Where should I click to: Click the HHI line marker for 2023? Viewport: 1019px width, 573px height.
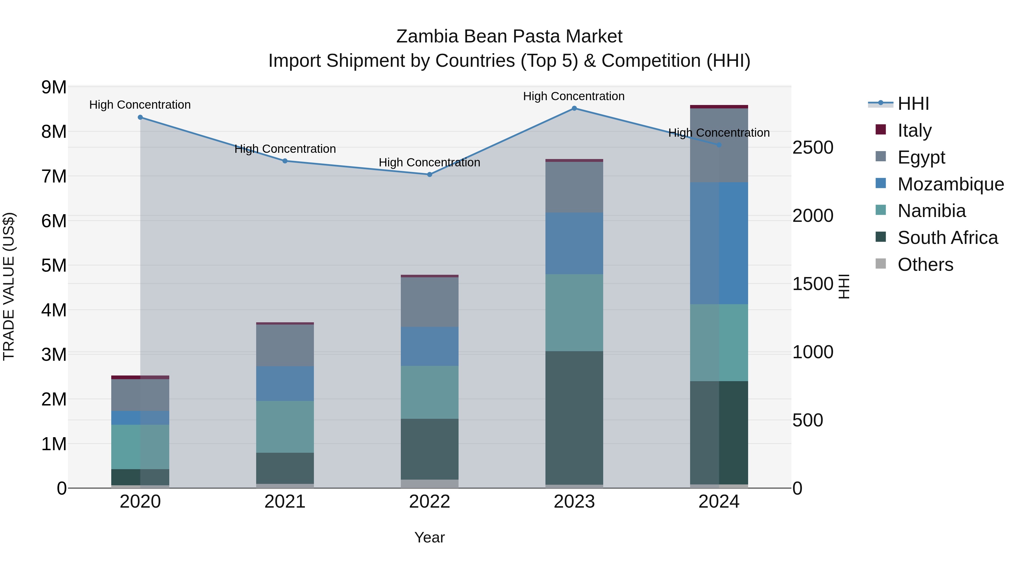click(x=574, y=108)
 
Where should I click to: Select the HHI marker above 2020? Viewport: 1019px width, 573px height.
click(x=140, y=117)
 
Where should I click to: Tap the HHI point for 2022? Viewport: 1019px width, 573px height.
click(x=430, y=174)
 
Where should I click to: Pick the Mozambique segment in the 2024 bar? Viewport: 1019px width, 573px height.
click(x=719, y=243)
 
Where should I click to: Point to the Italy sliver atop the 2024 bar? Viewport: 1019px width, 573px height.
click(x=719, y=107)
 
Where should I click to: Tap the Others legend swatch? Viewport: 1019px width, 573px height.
click(x=881, y=264)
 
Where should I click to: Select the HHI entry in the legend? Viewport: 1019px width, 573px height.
click(x=881, y=103)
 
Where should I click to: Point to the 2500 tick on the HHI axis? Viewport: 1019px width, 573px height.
click(x=812, y=147)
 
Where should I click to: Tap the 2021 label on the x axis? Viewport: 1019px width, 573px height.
click(x=285, y=501)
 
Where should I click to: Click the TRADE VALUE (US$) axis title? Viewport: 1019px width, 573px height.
click(x=9, y=286)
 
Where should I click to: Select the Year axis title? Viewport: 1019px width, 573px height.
click(x=430, y=537)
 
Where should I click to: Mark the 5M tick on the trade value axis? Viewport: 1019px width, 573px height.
click(x=54, y=265)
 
